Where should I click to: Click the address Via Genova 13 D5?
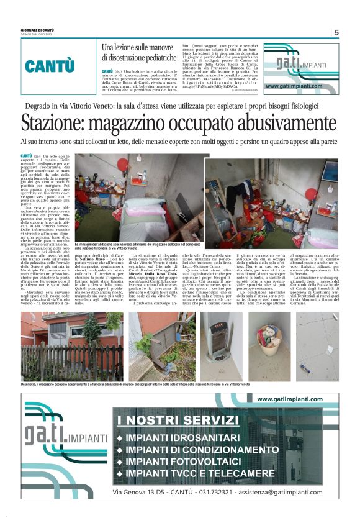click(x=138, y=492)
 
